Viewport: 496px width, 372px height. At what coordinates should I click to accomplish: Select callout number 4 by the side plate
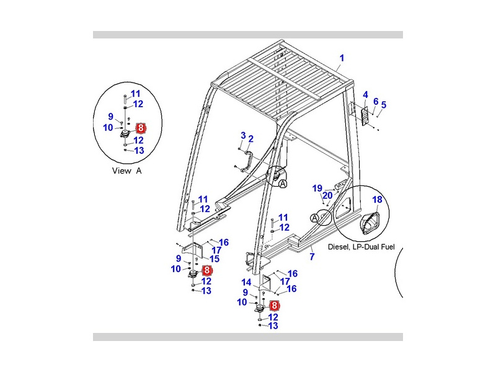coord(366,95)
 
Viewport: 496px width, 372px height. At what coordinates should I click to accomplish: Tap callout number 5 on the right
coord(383,105)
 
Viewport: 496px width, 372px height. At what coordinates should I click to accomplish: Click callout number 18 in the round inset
coord(378,199)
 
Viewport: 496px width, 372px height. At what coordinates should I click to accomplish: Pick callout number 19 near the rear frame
coord(317,188)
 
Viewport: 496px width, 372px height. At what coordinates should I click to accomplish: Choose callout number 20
coord(328,195)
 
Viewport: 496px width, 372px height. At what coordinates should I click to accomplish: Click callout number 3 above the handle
coord(243,135)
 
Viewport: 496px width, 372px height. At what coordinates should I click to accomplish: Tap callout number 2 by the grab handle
coord(250,139)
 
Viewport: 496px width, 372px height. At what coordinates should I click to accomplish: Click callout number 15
coord(215,259)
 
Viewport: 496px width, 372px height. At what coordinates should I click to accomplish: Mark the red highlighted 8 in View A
coord(141,128)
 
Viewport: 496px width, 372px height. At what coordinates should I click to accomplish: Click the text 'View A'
coord(126,170)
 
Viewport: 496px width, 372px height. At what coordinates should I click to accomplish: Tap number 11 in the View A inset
coord(135,94)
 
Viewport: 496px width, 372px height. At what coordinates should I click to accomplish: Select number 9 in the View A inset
coord(110,116)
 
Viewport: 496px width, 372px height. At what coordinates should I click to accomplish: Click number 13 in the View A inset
coord(138,150)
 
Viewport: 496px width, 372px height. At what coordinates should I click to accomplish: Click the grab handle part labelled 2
coord(248,160)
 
